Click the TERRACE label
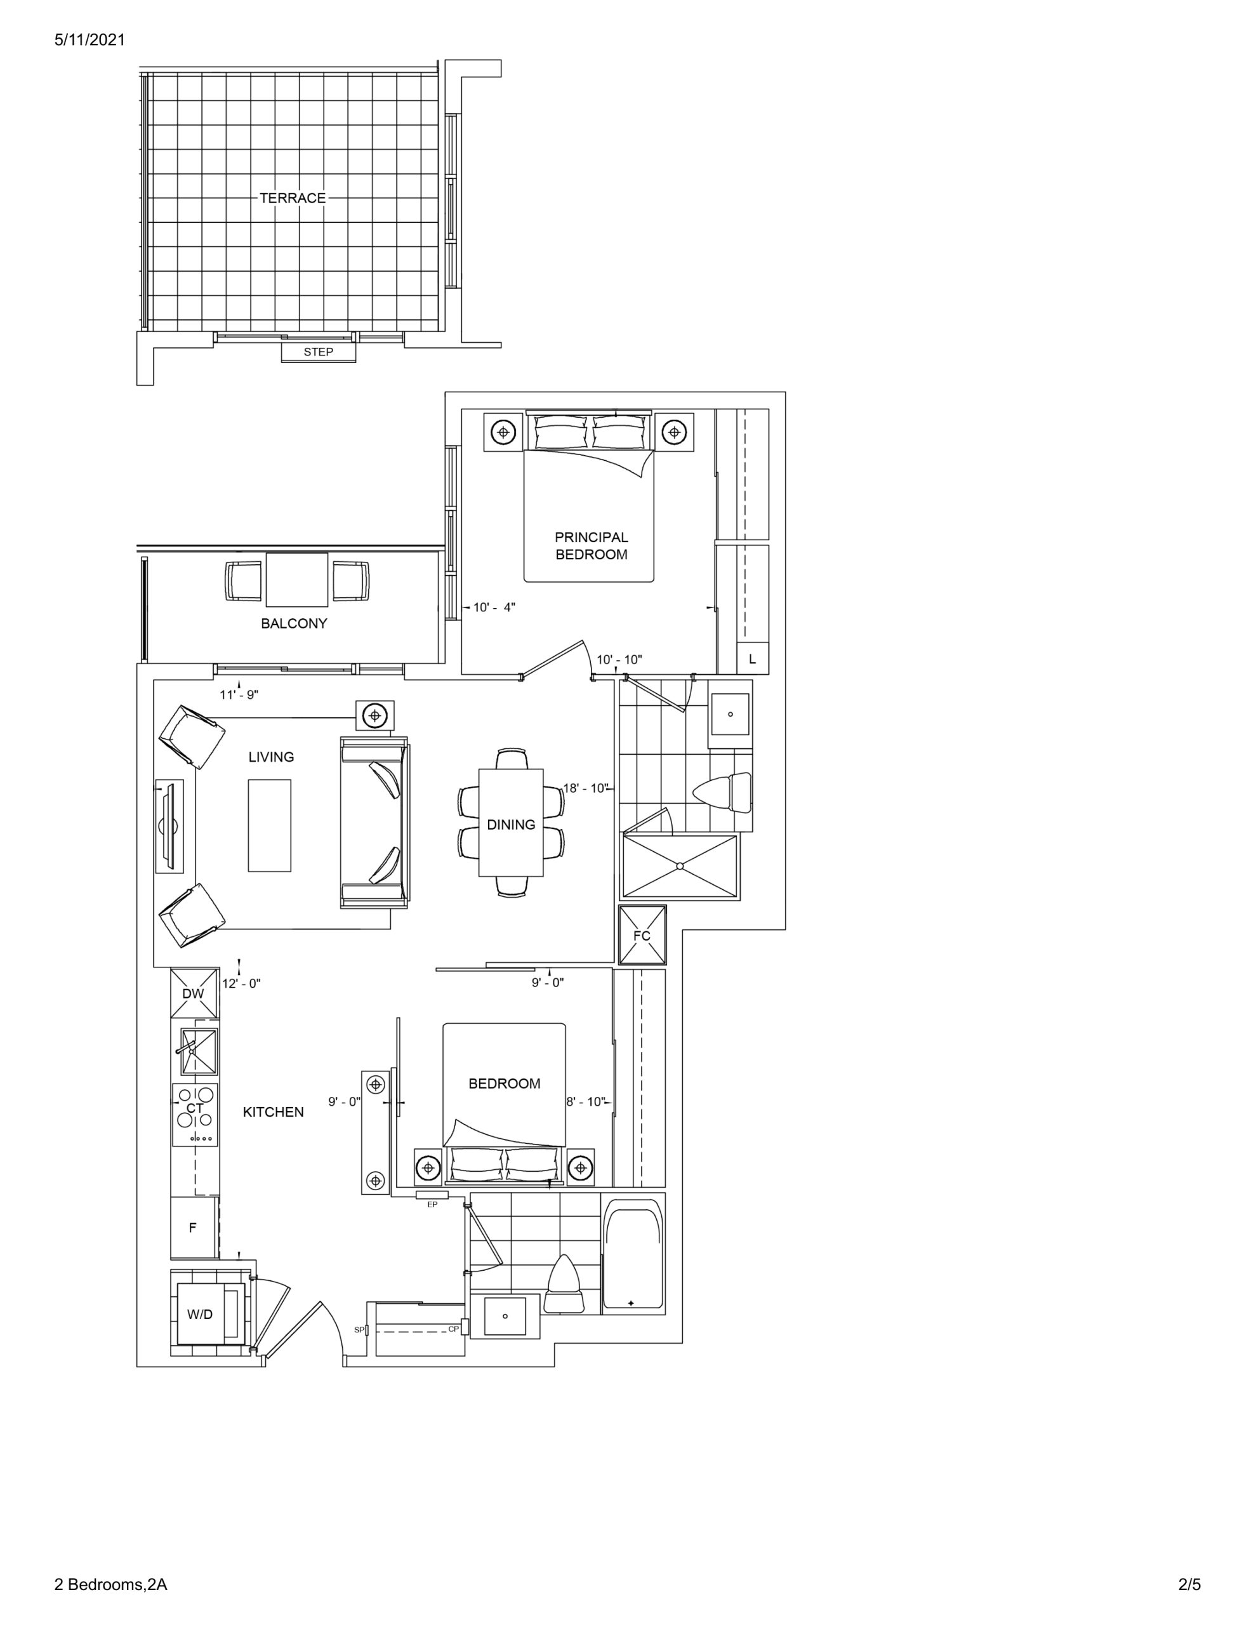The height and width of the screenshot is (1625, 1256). click(x=293, y=198)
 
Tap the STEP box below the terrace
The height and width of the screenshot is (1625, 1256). click(x=319, y=352)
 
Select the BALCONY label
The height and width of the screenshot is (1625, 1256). click(x=294, y=623)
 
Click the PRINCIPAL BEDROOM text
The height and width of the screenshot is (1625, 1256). click(x=592, y=545)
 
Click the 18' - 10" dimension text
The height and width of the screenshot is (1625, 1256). click(x=586, y=788)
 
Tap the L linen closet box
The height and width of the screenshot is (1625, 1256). click(x=752, y=658)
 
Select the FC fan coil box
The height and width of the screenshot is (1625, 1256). click(x=642, y=935)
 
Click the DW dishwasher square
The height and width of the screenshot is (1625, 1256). click(x=194, y=993)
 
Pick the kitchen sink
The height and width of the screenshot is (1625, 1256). click(x=199, y=1051)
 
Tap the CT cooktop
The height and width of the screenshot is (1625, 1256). click(x=195, y=1114)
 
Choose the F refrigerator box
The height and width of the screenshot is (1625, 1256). click(x=194, y=1227)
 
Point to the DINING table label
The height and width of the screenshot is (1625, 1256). click(x=511, y=825)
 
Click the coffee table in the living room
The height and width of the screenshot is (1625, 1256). click(x=269, y=825)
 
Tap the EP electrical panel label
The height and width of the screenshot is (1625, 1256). click(x=432, y=1204)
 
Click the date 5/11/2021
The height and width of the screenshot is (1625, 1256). click(x=90, y=40)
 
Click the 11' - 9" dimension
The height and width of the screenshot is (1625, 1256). click(x=239, y=695)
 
